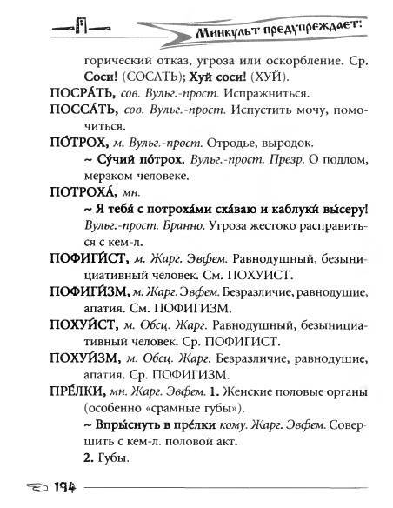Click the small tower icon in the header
coord(83,25)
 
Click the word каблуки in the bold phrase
coord(286,205)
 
